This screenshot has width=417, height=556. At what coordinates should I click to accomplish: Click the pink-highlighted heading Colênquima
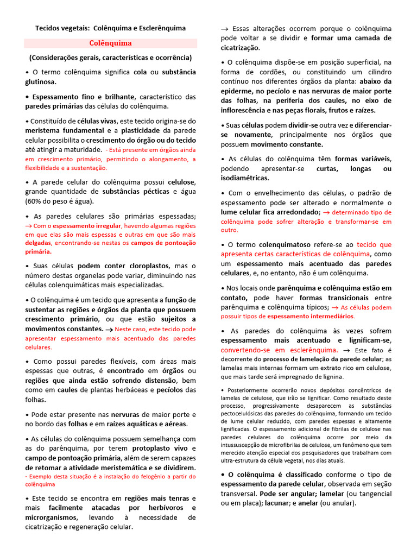click(111, 43)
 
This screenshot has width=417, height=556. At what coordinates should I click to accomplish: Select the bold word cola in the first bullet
click(140, 72)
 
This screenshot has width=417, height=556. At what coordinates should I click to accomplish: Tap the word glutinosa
click(41, 81)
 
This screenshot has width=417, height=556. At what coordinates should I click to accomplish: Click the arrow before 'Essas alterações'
click(225, 29)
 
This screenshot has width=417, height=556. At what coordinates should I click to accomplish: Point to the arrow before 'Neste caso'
click(109, 329)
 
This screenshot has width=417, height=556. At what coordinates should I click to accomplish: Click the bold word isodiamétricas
click(245, 178)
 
